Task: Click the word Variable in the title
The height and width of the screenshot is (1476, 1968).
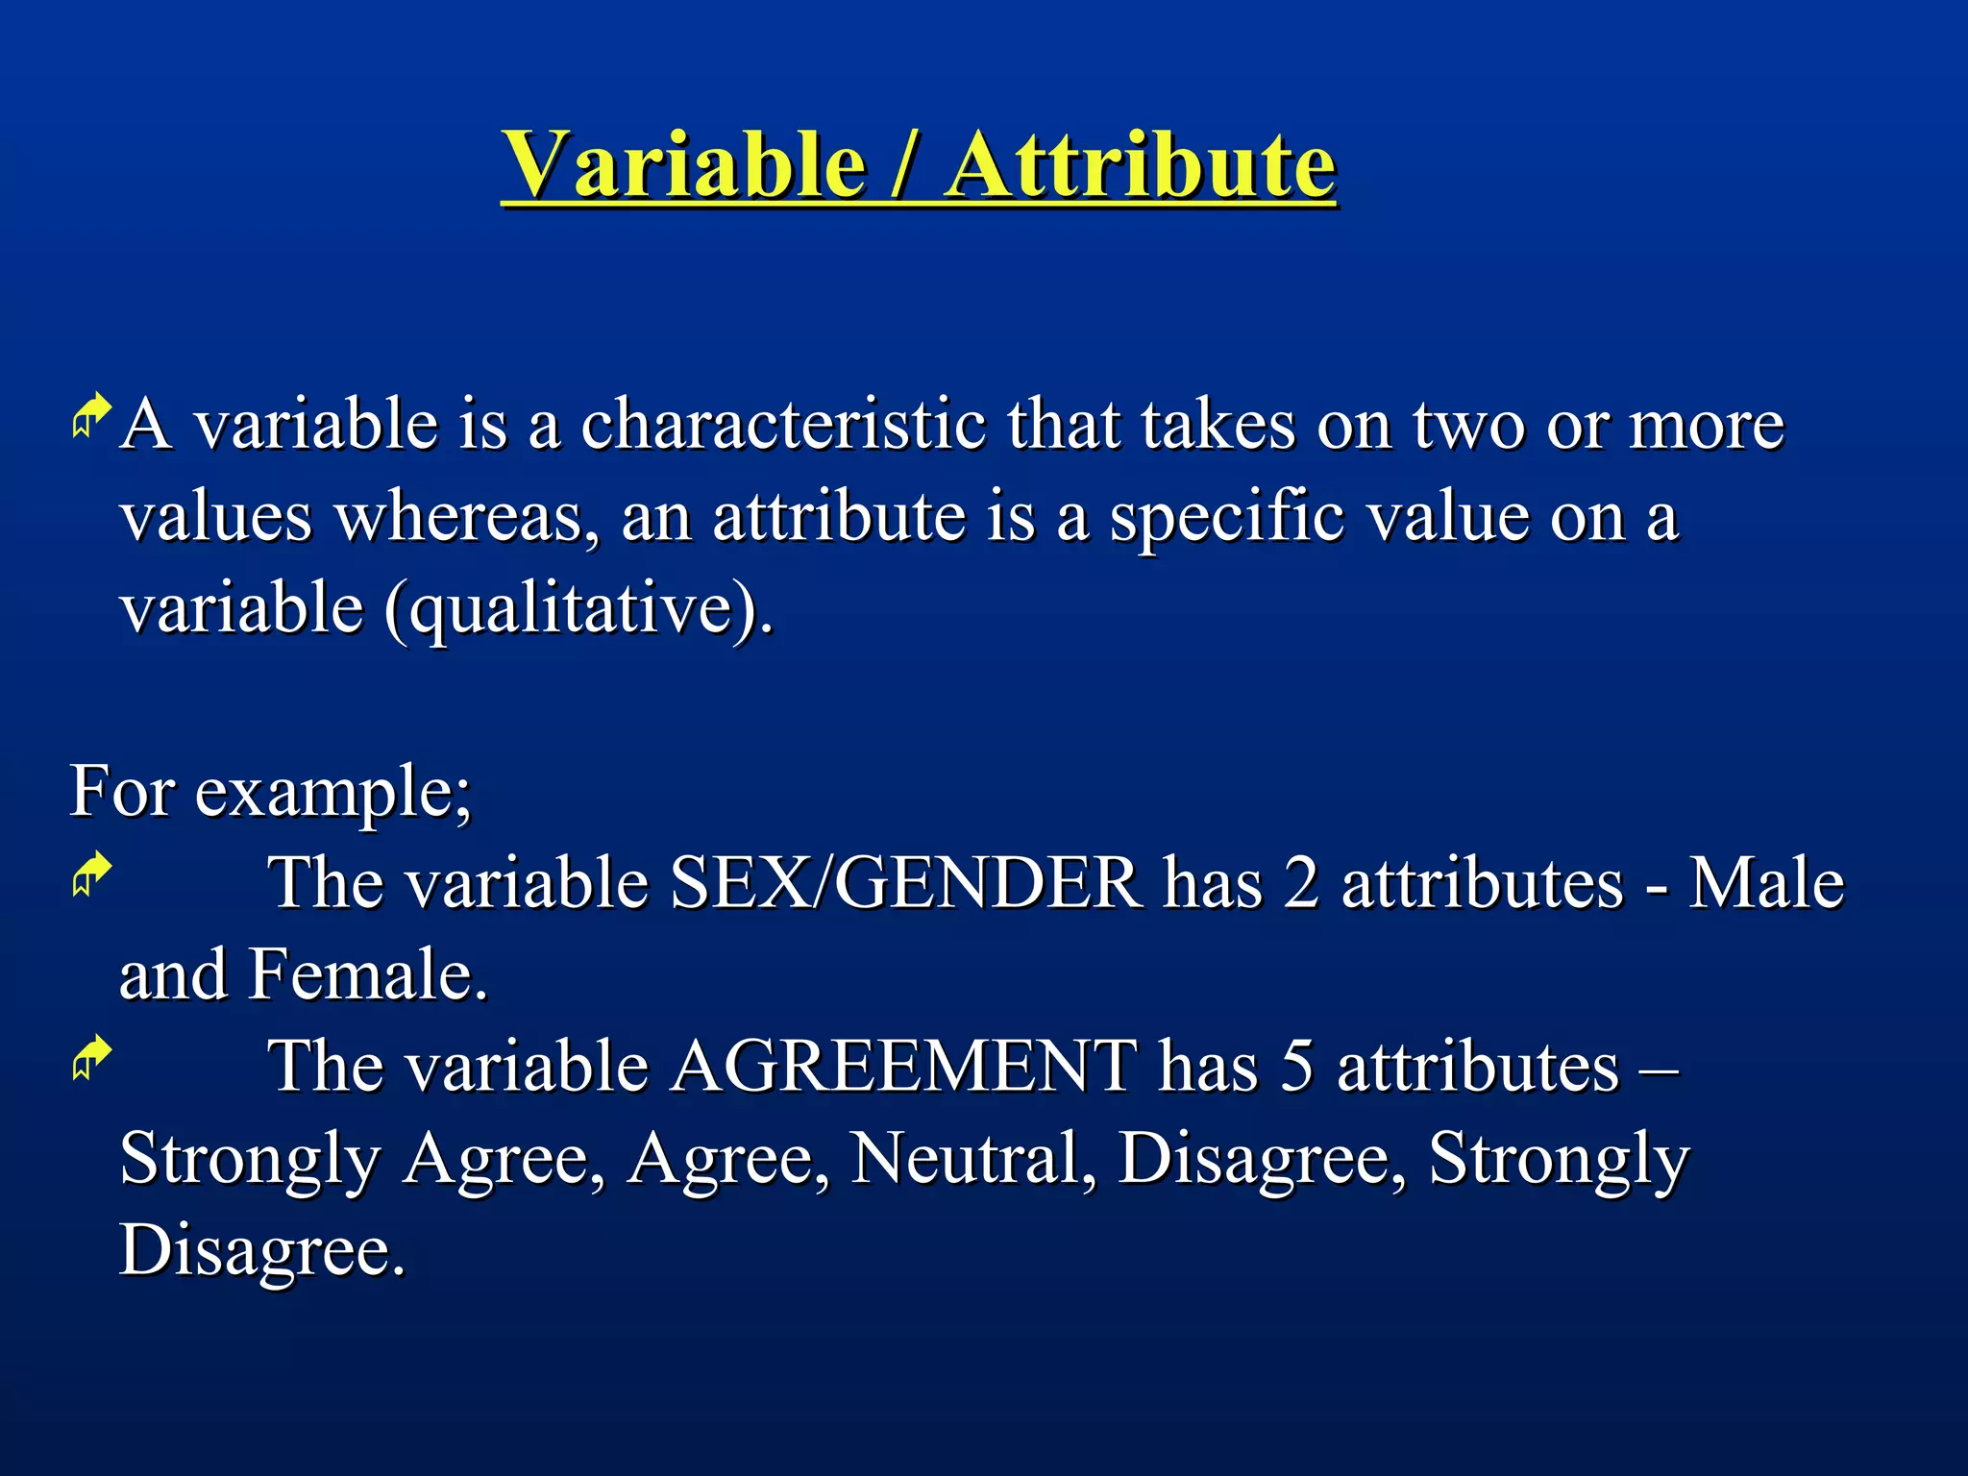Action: click(x=684, y=165)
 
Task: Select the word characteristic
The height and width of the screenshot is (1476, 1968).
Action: click(x=783, y=425)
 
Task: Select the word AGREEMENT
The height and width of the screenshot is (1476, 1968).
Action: click(x=903, y=1067)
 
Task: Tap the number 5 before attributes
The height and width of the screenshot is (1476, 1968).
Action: click(x=1296, y=1067)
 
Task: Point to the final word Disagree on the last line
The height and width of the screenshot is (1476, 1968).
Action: click(x=261, y=1251)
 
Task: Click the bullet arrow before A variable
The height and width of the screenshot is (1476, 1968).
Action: click(x=91, y=416)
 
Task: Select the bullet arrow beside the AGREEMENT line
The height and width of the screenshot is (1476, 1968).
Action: click(x=91, y=1058)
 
